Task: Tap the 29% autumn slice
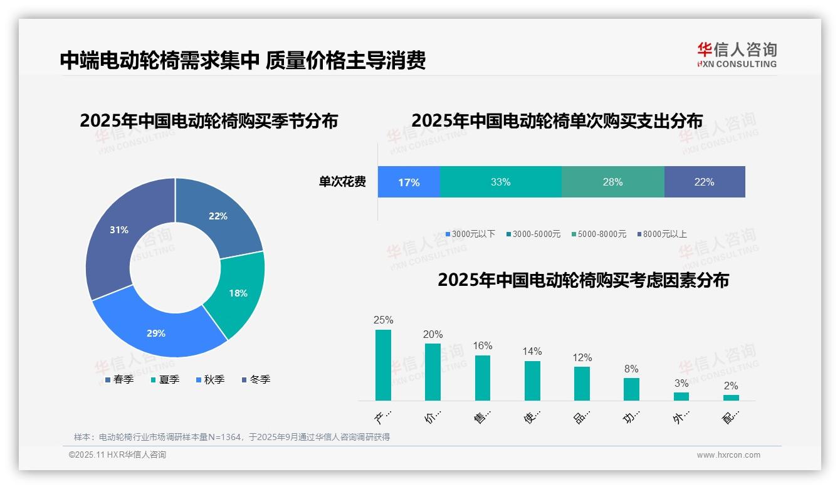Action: [156, 333]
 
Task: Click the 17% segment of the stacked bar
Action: [409, 182]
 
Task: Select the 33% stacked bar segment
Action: [500, 182]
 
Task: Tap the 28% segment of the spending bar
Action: [612, 182]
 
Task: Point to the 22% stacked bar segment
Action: [704, 182]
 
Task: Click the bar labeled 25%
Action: [383, 365]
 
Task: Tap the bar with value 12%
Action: [582, 383]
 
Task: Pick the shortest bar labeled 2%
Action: [731, 397]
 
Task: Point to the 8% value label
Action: [631, 369]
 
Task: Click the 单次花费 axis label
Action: [342, 182]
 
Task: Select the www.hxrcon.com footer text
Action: [728, 455]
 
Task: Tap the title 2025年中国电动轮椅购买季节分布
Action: [209, 120]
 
